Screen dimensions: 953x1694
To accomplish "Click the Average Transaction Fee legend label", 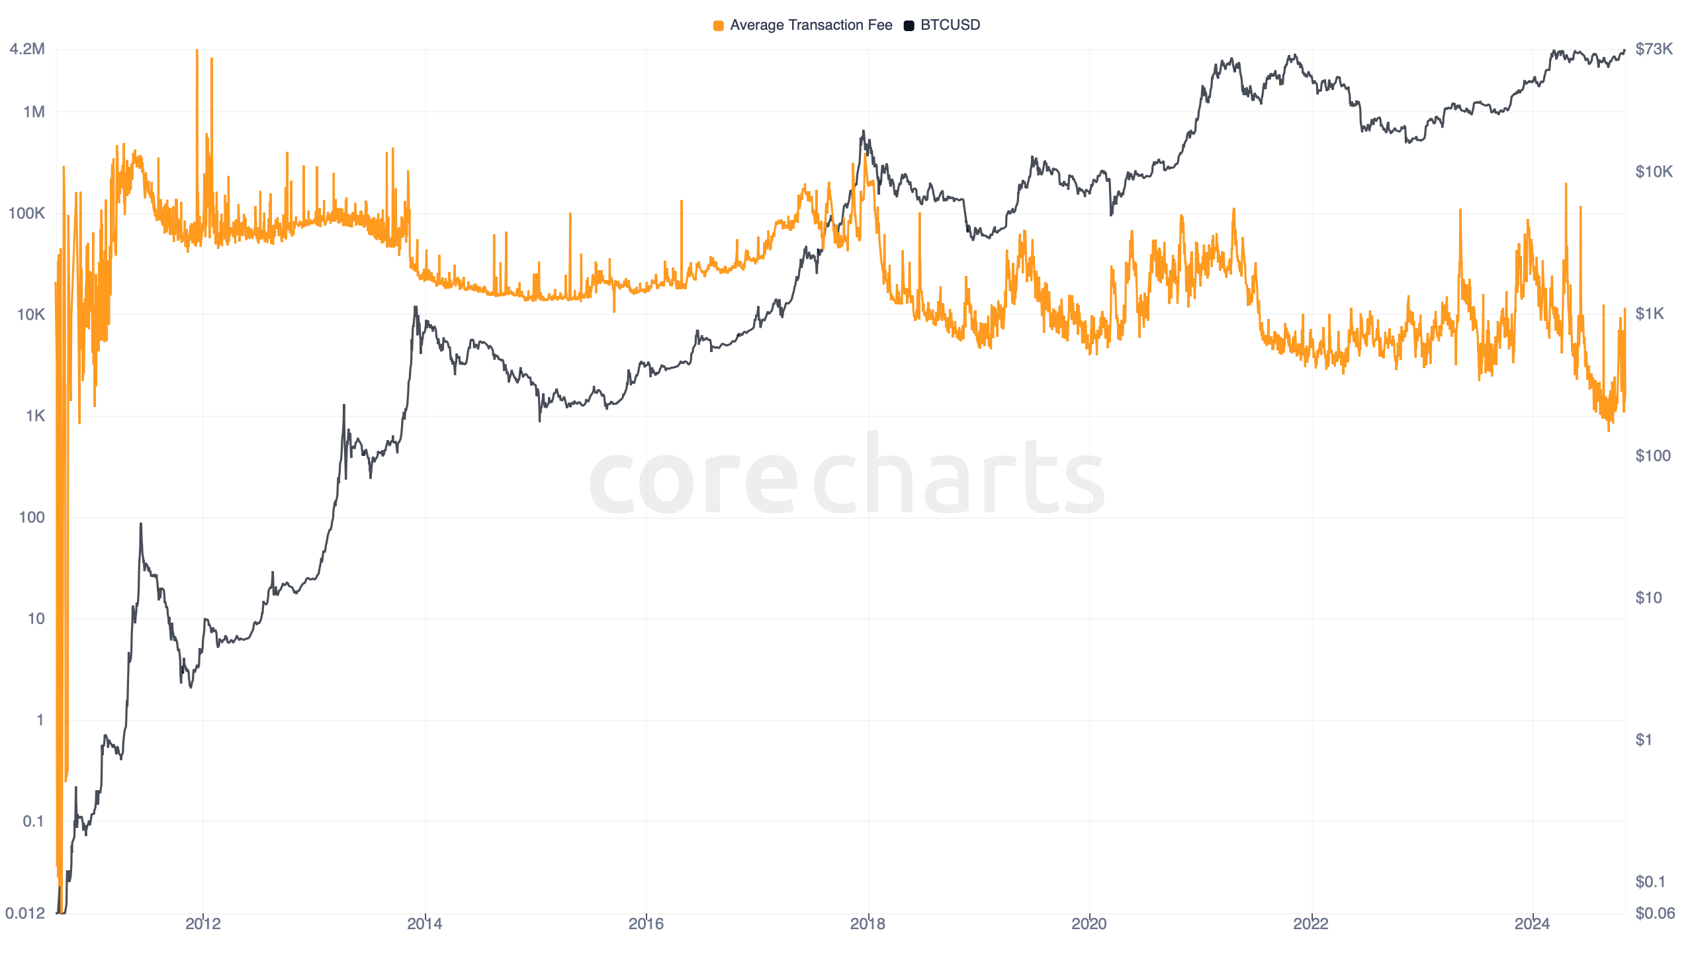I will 811,25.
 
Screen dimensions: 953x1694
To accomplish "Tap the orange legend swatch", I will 718,26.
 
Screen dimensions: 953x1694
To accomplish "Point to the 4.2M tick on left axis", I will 27,49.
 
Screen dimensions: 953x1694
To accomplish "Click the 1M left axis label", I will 34,112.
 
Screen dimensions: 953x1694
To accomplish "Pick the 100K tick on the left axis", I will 26,213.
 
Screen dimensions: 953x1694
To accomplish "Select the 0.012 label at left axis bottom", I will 25,913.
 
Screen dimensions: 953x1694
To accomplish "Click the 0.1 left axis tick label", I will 33,821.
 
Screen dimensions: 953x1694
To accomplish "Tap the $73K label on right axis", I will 1654,49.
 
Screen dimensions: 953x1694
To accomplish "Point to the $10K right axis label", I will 1654,172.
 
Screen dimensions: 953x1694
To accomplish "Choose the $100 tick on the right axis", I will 1652,456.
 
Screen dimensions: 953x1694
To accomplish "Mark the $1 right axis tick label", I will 1644,740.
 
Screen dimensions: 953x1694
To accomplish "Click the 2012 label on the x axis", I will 203,924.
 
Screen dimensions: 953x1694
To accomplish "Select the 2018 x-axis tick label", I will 868,924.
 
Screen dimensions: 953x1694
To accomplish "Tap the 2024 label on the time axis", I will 1532,924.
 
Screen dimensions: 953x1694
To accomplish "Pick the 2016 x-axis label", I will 646,924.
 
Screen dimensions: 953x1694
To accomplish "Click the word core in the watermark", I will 693,480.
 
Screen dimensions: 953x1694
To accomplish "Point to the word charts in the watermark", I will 958,473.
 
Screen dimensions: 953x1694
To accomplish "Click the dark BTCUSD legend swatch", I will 909,26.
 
